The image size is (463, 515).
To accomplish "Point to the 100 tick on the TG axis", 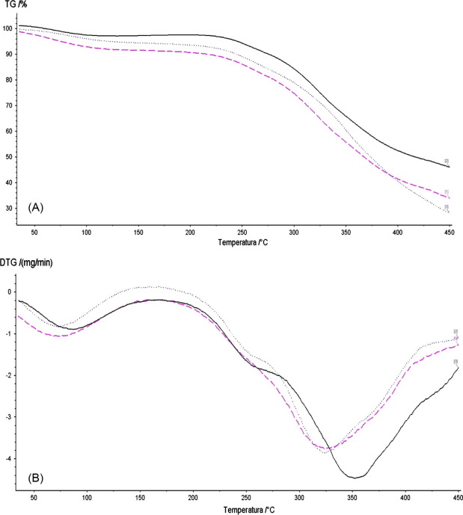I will [x=8, y=28].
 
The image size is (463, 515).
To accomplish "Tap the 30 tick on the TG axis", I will [x=10, y=208].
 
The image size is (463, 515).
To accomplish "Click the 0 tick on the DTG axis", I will [x=10, y=292].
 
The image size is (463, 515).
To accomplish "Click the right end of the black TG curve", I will [x=448, y=166].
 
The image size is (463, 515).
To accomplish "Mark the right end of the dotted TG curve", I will [x=448, y=212].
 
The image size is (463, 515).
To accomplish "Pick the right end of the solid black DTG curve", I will [x=457, y=367].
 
